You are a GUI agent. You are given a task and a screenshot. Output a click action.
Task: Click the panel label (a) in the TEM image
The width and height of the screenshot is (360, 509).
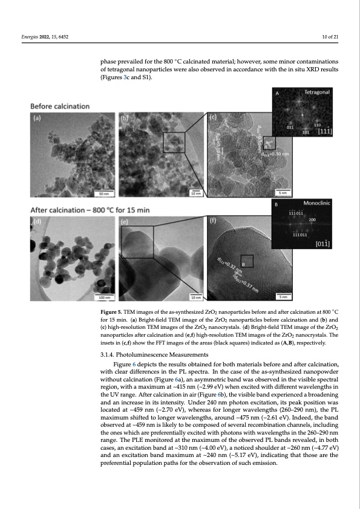click(36, 119)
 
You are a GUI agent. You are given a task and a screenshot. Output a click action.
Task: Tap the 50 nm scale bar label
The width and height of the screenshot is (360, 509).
click(103, 194)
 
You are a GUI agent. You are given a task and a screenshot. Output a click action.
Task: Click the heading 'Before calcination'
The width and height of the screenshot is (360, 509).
click(60, 106)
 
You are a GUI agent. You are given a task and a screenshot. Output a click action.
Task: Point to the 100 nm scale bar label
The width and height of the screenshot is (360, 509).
click(103, 297)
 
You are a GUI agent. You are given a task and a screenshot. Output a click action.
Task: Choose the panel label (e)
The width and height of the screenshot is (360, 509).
click(125, 222)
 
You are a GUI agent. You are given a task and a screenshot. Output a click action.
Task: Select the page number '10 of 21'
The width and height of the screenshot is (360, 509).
click(331, 37)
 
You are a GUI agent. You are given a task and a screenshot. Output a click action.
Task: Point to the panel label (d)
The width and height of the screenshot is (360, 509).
click(36, 222)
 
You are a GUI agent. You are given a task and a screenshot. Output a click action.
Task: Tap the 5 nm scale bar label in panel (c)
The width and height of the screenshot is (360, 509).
click(283, 194)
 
